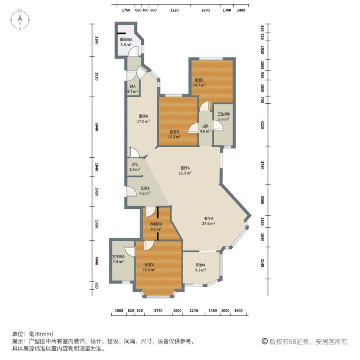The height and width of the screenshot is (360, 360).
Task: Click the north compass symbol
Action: point(21,20)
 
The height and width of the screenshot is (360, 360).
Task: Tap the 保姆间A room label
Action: point(126,40)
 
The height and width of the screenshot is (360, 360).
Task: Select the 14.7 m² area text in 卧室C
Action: point(199,85)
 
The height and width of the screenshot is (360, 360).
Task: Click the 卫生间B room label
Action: point(224,114)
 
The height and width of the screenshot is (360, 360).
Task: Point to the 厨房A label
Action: point(144,116)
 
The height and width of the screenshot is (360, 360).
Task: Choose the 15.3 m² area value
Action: point(175,137)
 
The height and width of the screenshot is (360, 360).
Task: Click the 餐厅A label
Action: point(185,168)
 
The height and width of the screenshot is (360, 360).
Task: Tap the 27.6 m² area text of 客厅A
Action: point(209,224)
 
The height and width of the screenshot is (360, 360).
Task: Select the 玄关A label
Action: point(145,188)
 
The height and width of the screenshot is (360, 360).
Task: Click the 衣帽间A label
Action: point(156,224)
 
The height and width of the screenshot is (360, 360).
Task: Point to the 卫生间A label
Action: point(118,257)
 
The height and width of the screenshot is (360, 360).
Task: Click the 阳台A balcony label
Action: point(200,265)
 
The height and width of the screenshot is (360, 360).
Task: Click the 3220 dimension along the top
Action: point(174,10)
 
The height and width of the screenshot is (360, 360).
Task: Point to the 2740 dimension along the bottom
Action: point(158,311)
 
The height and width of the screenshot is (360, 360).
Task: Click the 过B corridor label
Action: point(206,126)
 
